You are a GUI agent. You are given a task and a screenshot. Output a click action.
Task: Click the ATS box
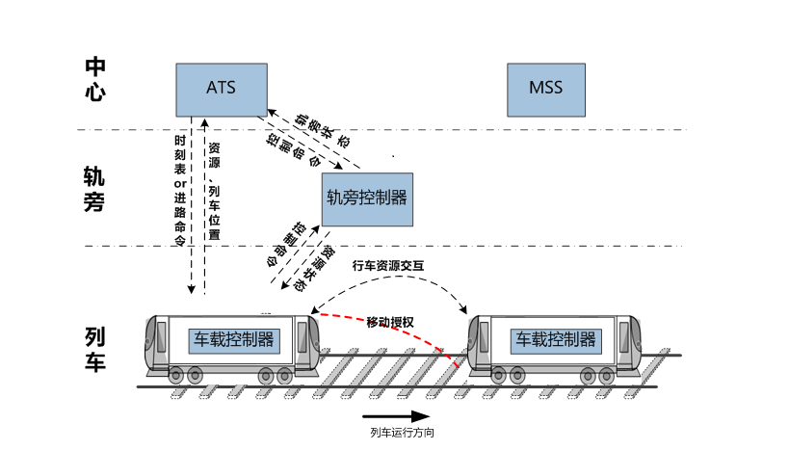tap(221, 88)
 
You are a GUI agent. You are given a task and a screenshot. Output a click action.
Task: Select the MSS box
tap(544, 89)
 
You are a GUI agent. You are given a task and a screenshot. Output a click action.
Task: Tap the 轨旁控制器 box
tap(366, 199)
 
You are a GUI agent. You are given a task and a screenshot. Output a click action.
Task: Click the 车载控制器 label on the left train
tap(234, 340)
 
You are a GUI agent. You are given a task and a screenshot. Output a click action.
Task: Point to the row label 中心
tap(94, 79)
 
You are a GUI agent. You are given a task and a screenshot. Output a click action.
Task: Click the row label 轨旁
tap(93, 189)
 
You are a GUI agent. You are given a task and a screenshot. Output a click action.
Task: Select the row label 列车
tap(94, 349)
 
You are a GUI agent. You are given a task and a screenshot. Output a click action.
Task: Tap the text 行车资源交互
tap(388, 265)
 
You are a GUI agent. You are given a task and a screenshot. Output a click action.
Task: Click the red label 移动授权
tap(390, 321)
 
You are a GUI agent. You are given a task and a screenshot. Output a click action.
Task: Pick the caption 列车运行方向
tap(402, 434)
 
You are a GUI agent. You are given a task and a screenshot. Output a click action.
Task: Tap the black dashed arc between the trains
tap(395, 280)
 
